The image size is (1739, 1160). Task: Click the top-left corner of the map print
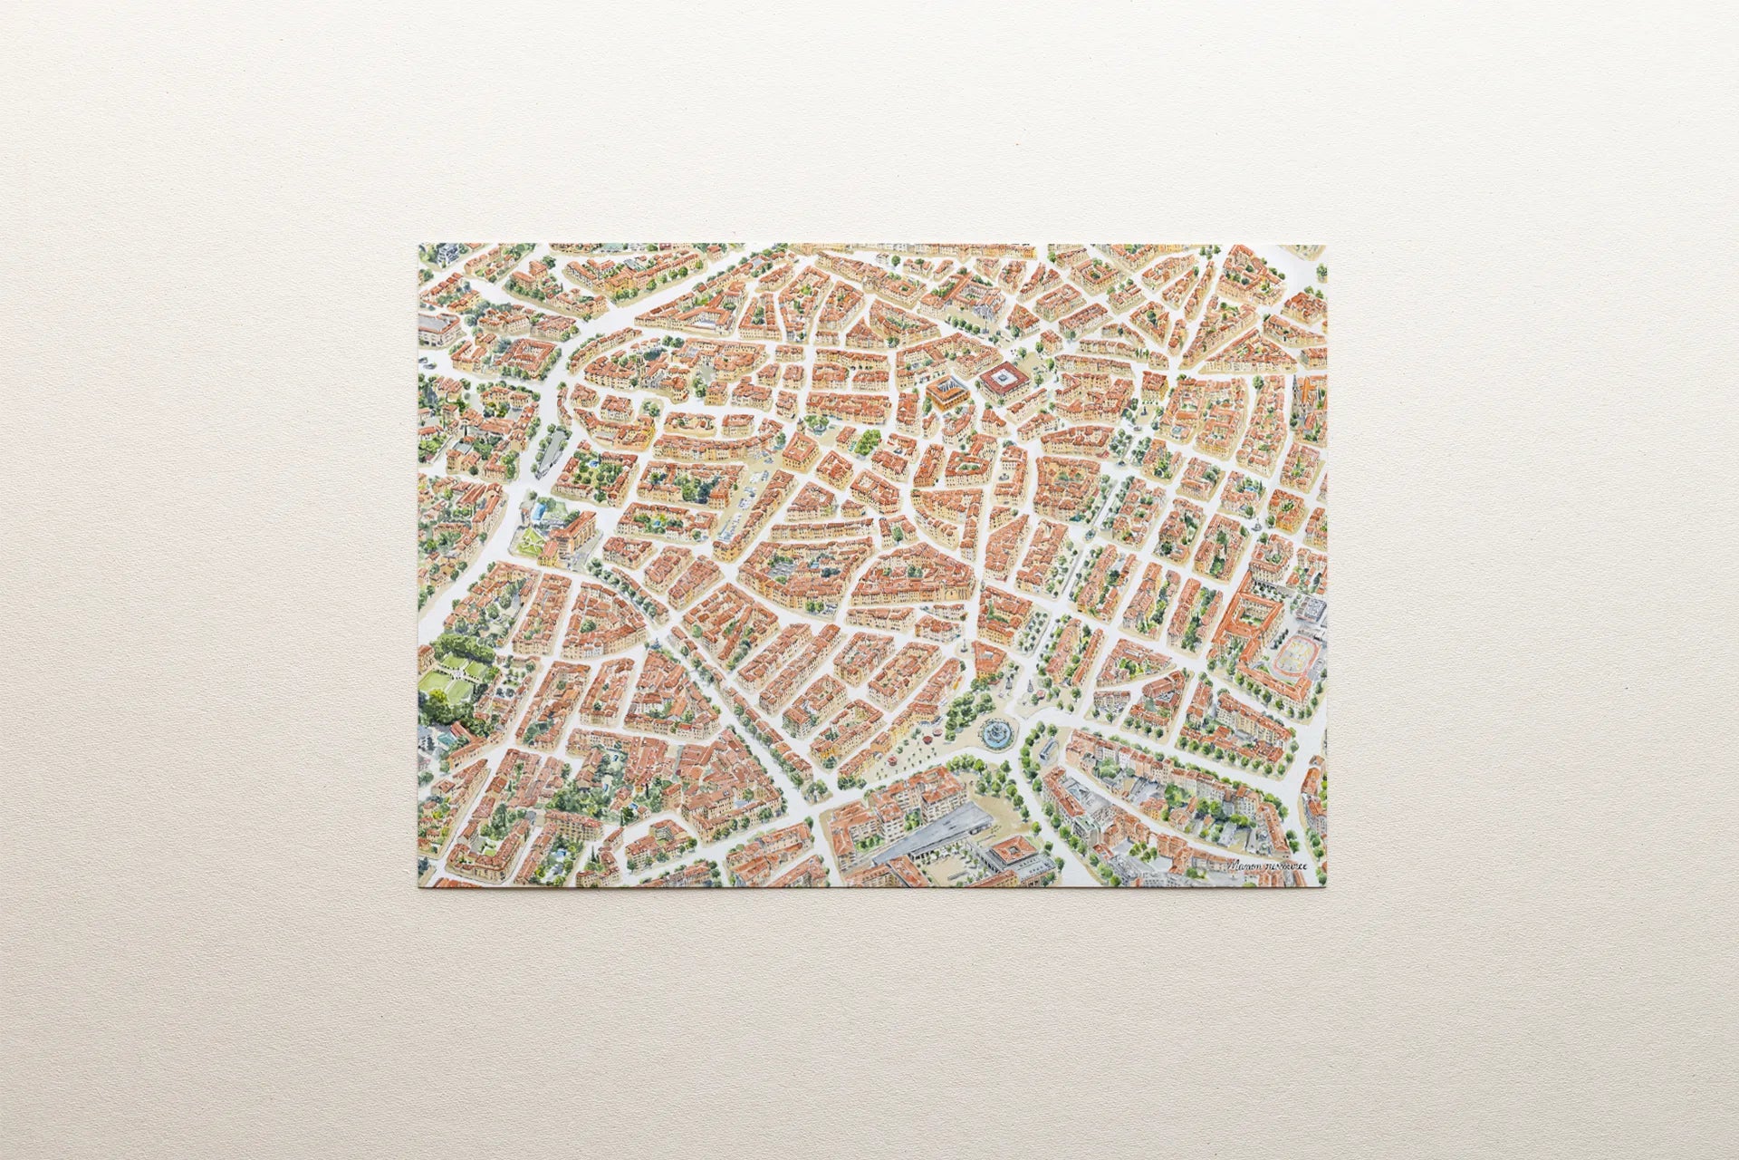tap(418, 245)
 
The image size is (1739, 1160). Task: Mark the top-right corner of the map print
tap(1324, 245)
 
